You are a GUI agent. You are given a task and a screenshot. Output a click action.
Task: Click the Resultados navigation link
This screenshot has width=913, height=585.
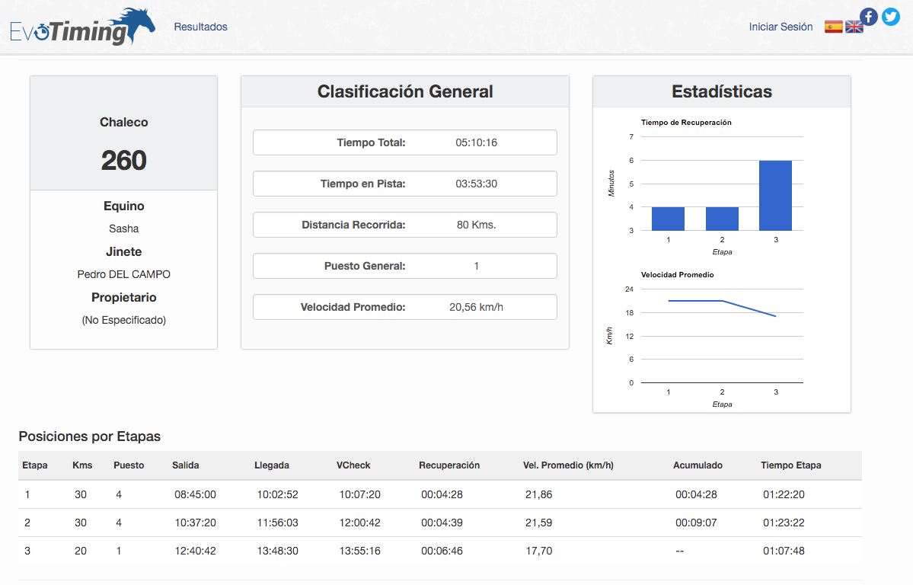pyautogui.click(x=200, y=27)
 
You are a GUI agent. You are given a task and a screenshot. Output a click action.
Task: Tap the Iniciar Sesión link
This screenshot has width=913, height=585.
pyautogui.click(x=781, y=27)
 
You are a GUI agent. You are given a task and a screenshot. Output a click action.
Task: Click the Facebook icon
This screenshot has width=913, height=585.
pyautogui.click(x=869, y=17)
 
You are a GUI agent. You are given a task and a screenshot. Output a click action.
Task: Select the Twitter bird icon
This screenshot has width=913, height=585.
pyautogui.click(x=891, y=17)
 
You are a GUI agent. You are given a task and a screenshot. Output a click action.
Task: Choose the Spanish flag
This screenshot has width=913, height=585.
pyautogui.click(x=833, y=27)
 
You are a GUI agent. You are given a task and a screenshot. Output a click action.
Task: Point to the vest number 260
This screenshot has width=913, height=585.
pyautogui.click(x=124, y=160)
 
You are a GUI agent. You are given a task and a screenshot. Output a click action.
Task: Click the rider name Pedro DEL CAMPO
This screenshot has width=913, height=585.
pyautogui.click(x=124, y=274)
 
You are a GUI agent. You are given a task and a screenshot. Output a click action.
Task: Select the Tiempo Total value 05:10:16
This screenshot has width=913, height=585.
pyautogui.click(x=476, y=142)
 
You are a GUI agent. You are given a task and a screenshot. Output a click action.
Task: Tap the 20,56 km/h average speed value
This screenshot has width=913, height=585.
pyautogui.click(x=476, y=307)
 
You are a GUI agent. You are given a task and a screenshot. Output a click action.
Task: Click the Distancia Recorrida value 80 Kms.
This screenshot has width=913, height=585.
pyautogui.click(x=476, y=225)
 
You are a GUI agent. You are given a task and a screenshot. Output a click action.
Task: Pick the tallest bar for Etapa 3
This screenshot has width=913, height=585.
pyautogui.click(x=776, y=196)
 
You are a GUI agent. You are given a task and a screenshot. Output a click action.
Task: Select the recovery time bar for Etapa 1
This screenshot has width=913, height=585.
pyautogui.click(x=668, y=219)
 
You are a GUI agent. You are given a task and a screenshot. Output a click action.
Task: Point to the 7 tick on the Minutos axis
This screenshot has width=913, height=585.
pyautogui.click(x=631, y=137)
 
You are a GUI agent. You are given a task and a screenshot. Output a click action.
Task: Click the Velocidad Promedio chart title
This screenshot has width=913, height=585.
pyautogui.click(x=677, y=274)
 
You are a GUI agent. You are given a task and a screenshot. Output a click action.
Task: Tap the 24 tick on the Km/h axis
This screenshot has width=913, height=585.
pyautogui.click(x=629, y=289)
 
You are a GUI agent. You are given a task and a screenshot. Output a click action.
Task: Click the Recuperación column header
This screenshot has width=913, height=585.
pyautogui.click(x=449, y=465)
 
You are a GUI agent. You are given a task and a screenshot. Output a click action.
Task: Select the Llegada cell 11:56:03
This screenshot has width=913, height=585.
pyautogui.click(x=278, y=523)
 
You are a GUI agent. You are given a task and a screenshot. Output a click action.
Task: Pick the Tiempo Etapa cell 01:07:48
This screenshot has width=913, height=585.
pyautogui.click(x=784, y=551)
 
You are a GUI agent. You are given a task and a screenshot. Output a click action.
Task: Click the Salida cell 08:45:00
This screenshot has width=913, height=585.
pyautogui.click(x=195, y=494)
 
